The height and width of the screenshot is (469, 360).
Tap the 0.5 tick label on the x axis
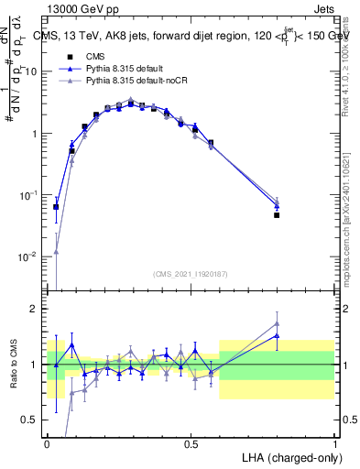click(191, 443)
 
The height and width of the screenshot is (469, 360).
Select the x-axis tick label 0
click(47, 443)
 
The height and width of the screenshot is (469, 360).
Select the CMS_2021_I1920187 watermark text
click(190, 274)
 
